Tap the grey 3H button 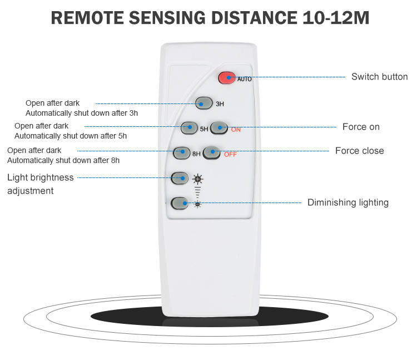(x=204, y=103)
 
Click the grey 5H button (x=189, y=128)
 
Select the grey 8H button (x=182, y=153)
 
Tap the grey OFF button (x=212, y=153)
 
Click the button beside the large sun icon (x=180, y=178)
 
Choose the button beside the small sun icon (x=180, y=204)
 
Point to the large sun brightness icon (x=197, y=179)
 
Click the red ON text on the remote (x=236, y=130)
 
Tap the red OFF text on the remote (x=230, y=155)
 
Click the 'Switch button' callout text (x=380, y=77)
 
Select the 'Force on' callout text (x=361, y=127)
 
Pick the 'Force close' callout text (x=360, y=151)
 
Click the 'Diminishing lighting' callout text (x=348, y=203)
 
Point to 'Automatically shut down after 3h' (x=82, y=114)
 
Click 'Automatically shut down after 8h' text (x=63, y=161)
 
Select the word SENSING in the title (x=167, y=18)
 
